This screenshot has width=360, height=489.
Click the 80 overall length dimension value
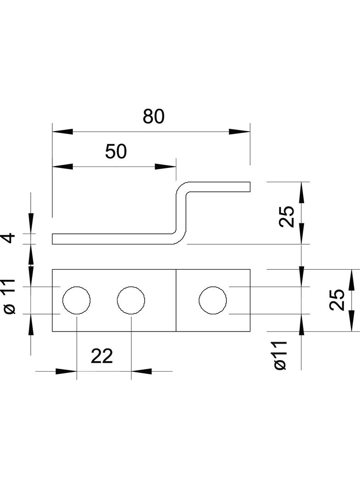coord(153,117)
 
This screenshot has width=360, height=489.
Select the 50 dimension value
coord(116,151)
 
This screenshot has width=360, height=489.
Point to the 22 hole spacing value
coord(102,356)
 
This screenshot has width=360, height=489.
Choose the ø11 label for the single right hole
coord(280,355)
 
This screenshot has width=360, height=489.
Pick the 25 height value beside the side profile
coord(286,217)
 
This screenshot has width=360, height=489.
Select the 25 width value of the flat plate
coord(337,300)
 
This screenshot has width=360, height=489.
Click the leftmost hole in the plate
coord(77,300)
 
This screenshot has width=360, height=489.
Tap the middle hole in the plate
coord(131,300)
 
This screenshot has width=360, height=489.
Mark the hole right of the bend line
coord(213,300)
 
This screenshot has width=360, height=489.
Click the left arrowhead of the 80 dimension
coord(62,132)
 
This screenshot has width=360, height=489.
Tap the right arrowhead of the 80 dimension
coord(240,132)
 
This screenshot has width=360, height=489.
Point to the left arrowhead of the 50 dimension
coord(62,167)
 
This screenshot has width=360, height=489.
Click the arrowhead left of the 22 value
coord(66,371)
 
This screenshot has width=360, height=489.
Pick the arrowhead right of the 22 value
coord(141,371)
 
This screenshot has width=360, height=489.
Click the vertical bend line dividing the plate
coord(176,300)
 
